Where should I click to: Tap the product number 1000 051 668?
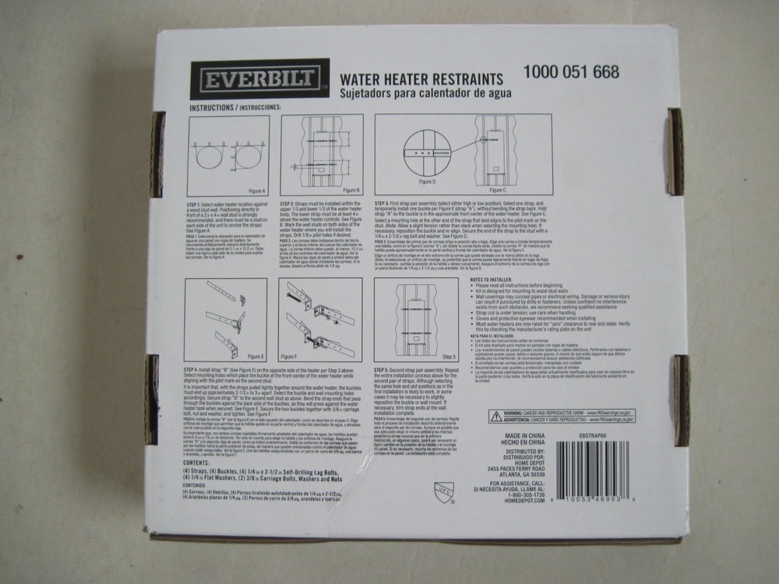(571, 72)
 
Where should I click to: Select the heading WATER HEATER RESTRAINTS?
(421, 78)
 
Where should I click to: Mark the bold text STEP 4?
(195, 368)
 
